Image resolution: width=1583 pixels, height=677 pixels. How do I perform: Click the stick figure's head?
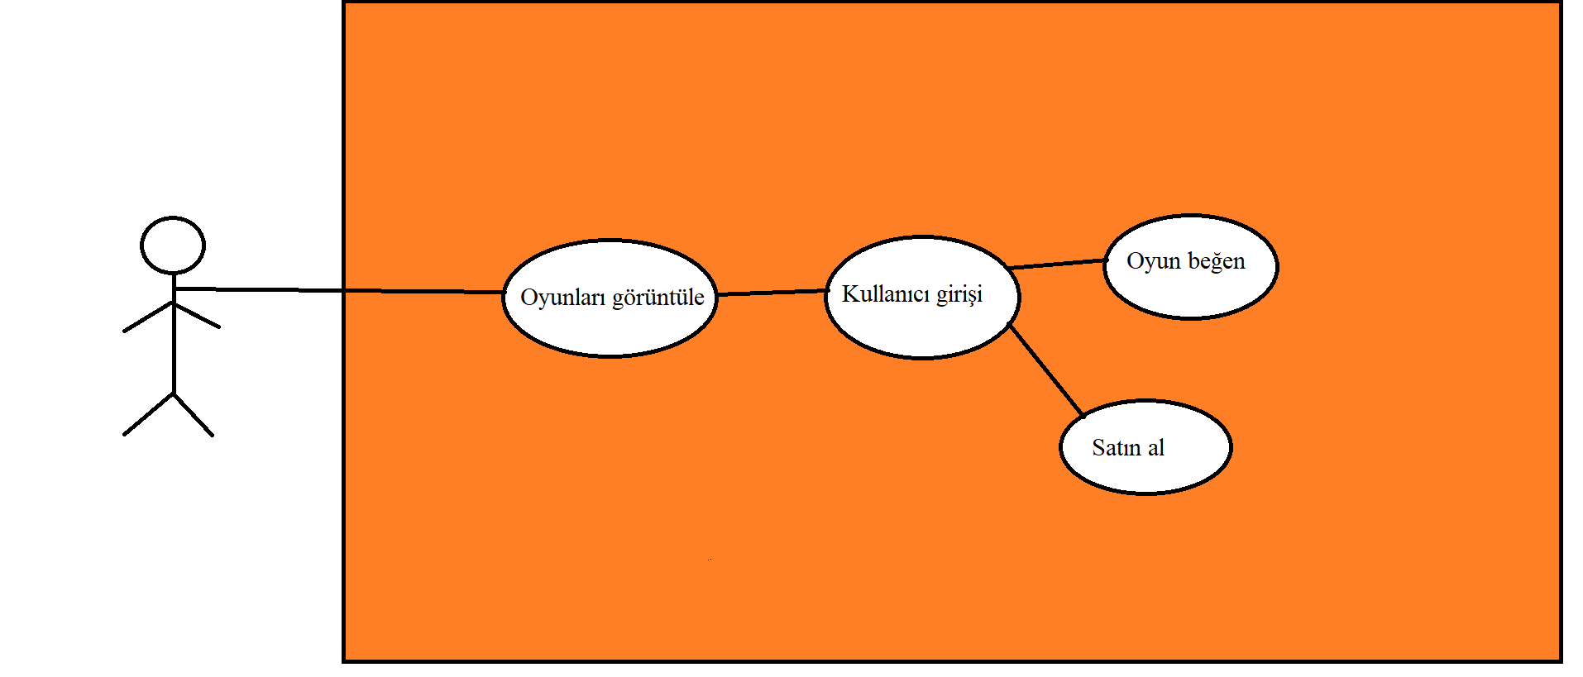172,246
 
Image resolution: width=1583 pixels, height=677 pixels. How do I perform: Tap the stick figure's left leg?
149,414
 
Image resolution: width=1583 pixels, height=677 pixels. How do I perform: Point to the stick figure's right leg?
194,414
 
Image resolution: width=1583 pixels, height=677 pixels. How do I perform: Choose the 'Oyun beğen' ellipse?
1190,289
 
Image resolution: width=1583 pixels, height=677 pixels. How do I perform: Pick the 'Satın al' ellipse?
1145,471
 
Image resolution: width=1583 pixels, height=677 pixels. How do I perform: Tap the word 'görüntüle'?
658,298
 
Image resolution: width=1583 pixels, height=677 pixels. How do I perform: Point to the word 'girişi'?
959,294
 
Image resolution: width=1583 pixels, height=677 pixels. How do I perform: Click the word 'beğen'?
1217,261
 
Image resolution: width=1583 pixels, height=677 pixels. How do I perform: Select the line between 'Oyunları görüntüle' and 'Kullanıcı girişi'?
772,292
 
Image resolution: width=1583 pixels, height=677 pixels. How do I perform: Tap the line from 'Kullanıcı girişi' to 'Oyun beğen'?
1059,264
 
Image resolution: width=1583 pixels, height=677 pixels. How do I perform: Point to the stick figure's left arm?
147,317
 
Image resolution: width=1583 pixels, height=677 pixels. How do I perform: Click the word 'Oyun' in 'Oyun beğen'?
1153,261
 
